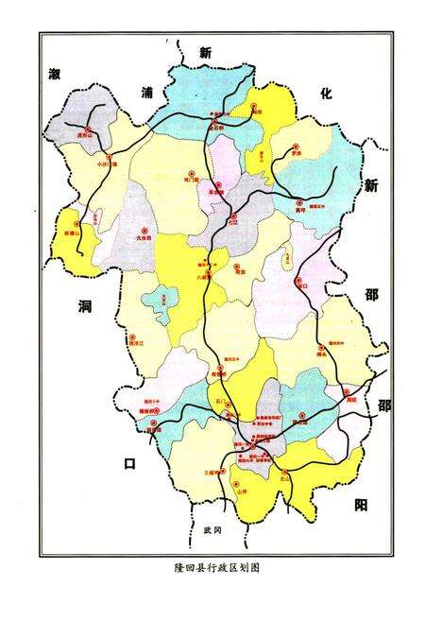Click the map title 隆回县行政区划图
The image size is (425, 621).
212,569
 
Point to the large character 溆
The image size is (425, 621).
56,74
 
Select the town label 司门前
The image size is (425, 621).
194,177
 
